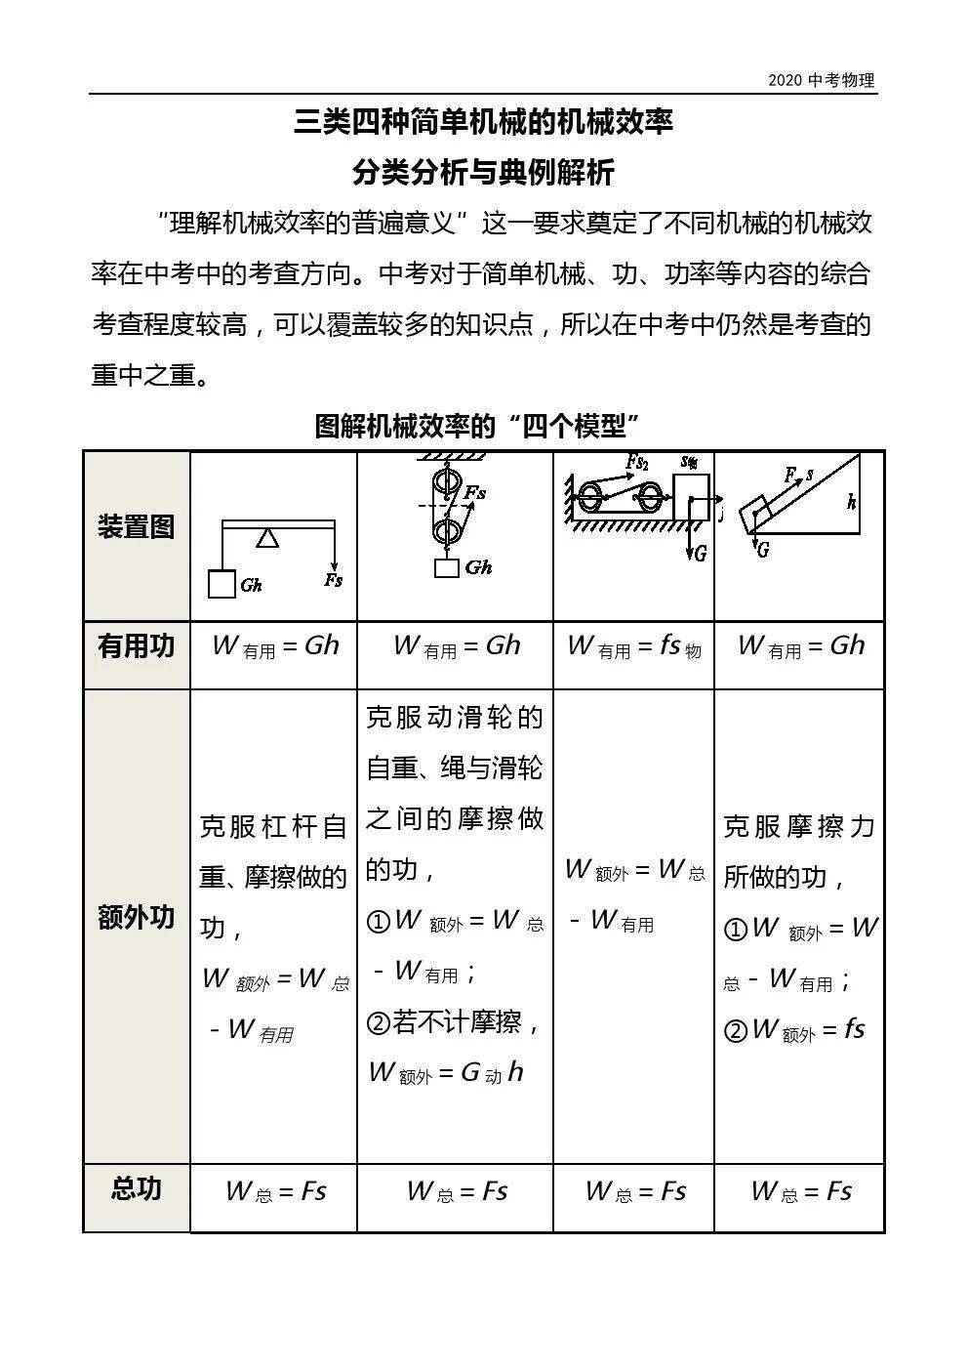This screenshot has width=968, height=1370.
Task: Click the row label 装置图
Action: click(136, 527)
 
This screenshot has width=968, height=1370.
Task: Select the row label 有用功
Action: click(136, 646)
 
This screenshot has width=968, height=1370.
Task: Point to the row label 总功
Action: click(136, 1189)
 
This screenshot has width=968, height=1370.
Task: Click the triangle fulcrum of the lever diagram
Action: click(267, 538)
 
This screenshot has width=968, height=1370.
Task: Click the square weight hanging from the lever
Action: click(222, 584)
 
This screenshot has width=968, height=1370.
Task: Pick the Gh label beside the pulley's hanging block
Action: click(478, 567)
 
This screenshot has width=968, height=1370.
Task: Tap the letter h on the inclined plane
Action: click(852, 503)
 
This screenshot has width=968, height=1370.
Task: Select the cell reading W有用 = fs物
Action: click(634, 646)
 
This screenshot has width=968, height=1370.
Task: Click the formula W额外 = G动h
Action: click(446, 1073)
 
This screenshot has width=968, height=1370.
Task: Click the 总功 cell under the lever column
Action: click(275, 1191)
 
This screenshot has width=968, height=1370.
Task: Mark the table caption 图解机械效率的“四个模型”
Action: click(477, 427)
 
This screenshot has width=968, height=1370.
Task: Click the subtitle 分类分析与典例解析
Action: click(483, 174)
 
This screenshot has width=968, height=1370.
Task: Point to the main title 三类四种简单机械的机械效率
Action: click(483, 123)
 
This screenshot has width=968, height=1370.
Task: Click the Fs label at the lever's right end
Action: click(334, 580)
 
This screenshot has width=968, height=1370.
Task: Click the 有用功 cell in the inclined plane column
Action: click(801, 646)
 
